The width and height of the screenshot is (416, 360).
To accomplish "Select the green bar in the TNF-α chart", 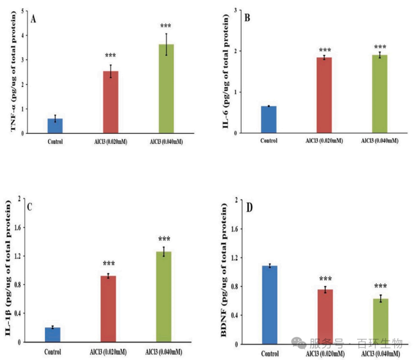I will coord(166,89).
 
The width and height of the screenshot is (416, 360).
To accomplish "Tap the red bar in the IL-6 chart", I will coord(324,95).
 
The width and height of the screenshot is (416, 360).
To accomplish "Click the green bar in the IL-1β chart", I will coord(163,296).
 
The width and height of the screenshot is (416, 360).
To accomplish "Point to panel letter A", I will coord(34,19).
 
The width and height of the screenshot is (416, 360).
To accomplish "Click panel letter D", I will coord(250,208).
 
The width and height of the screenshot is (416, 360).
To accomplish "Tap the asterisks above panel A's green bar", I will coord(166,26).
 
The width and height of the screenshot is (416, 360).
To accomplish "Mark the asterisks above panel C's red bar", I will coord(109,264).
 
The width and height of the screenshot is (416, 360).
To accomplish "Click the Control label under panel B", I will coord(269,141).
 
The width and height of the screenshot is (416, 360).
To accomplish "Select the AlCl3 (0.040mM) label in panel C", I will coord(164,352).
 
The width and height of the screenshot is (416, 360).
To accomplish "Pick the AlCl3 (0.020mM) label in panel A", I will coord(111,142).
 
